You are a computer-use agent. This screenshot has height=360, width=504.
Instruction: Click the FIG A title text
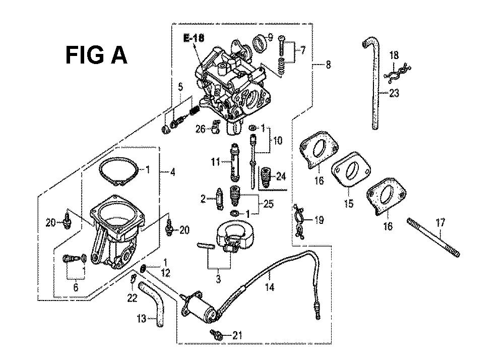coord(96,55)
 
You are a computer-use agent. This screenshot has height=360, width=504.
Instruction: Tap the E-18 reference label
coord(194,38)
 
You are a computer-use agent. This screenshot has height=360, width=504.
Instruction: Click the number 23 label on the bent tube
coord(394,93)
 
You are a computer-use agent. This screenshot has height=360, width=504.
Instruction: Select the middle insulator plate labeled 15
coord(351,169)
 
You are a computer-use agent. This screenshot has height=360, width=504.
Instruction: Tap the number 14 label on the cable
coord(270,287)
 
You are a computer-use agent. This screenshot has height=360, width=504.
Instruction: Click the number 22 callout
coord(132,298)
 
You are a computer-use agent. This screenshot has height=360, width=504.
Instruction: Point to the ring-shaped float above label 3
coord(235,235)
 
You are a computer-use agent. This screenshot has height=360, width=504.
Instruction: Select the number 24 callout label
coord(281,176)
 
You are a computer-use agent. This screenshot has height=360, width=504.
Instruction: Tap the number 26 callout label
coord(200,129)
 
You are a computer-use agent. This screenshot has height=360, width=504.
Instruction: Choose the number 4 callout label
coord(172,172)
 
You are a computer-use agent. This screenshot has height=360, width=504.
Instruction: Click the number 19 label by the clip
coord(319,220)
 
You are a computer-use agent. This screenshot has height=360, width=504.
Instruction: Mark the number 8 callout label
coord(328,65)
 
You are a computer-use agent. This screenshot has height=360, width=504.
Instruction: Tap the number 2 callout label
coord(203,199)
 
